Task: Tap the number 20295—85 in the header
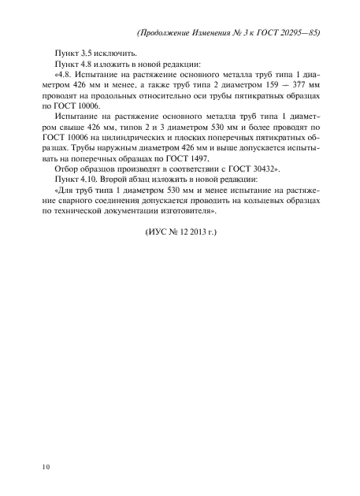pos(299,34)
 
